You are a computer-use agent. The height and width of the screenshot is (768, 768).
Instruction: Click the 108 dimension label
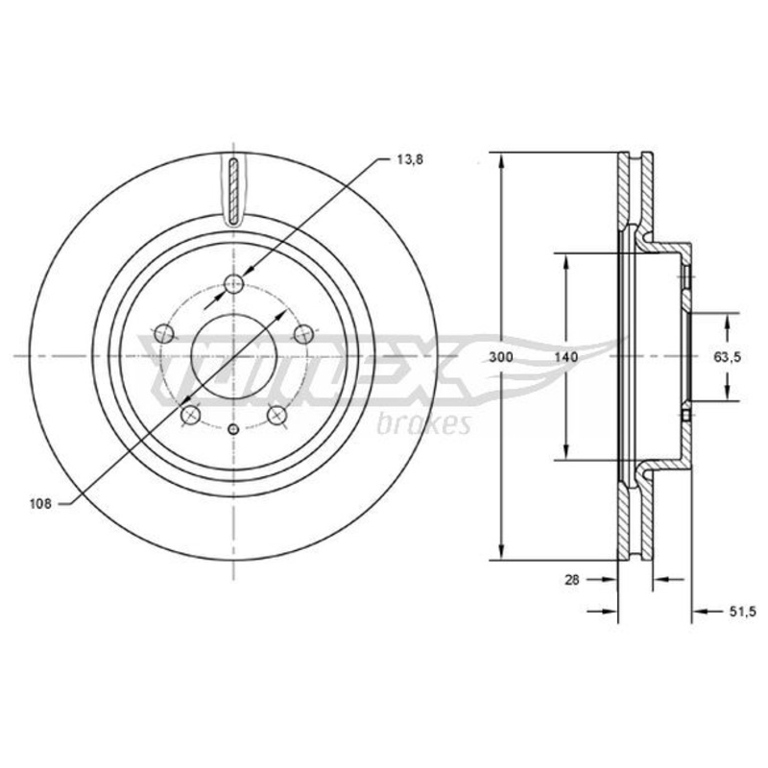40,503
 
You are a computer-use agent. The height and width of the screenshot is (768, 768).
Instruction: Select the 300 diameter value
501,357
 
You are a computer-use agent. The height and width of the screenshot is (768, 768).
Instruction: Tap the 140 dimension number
566,357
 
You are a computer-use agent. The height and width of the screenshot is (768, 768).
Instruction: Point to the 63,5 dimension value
727,357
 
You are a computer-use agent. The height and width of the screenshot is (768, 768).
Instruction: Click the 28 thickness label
571,580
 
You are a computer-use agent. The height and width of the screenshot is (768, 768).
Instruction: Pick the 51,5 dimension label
742,612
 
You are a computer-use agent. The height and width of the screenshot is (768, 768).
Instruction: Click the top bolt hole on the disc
233,283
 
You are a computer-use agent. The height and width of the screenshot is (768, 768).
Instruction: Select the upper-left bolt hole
164,334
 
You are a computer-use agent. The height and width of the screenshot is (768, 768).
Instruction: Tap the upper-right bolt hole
303,334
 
